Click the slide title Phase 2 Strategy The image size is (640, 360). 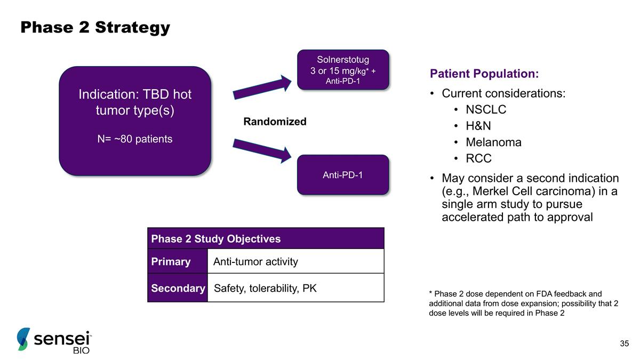95,27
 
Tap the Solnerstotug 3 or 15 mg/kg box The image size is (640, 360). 343,69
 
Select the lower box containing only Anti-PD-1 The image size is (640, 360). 343,174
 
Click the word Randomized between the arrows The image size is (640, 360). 275,122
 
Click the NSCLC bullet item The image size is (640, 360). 486,110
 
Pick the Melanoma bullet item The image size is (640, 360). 493,142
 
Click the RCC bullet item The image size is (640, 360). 478,158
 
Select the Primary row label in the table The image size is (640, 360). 171,261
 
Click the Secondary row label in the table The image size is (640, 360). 178,289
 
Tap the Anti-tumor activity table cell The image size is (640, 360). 255,261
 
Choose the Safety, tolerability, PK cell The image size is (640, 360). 265,289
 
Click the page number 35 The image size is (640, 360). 625,343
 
